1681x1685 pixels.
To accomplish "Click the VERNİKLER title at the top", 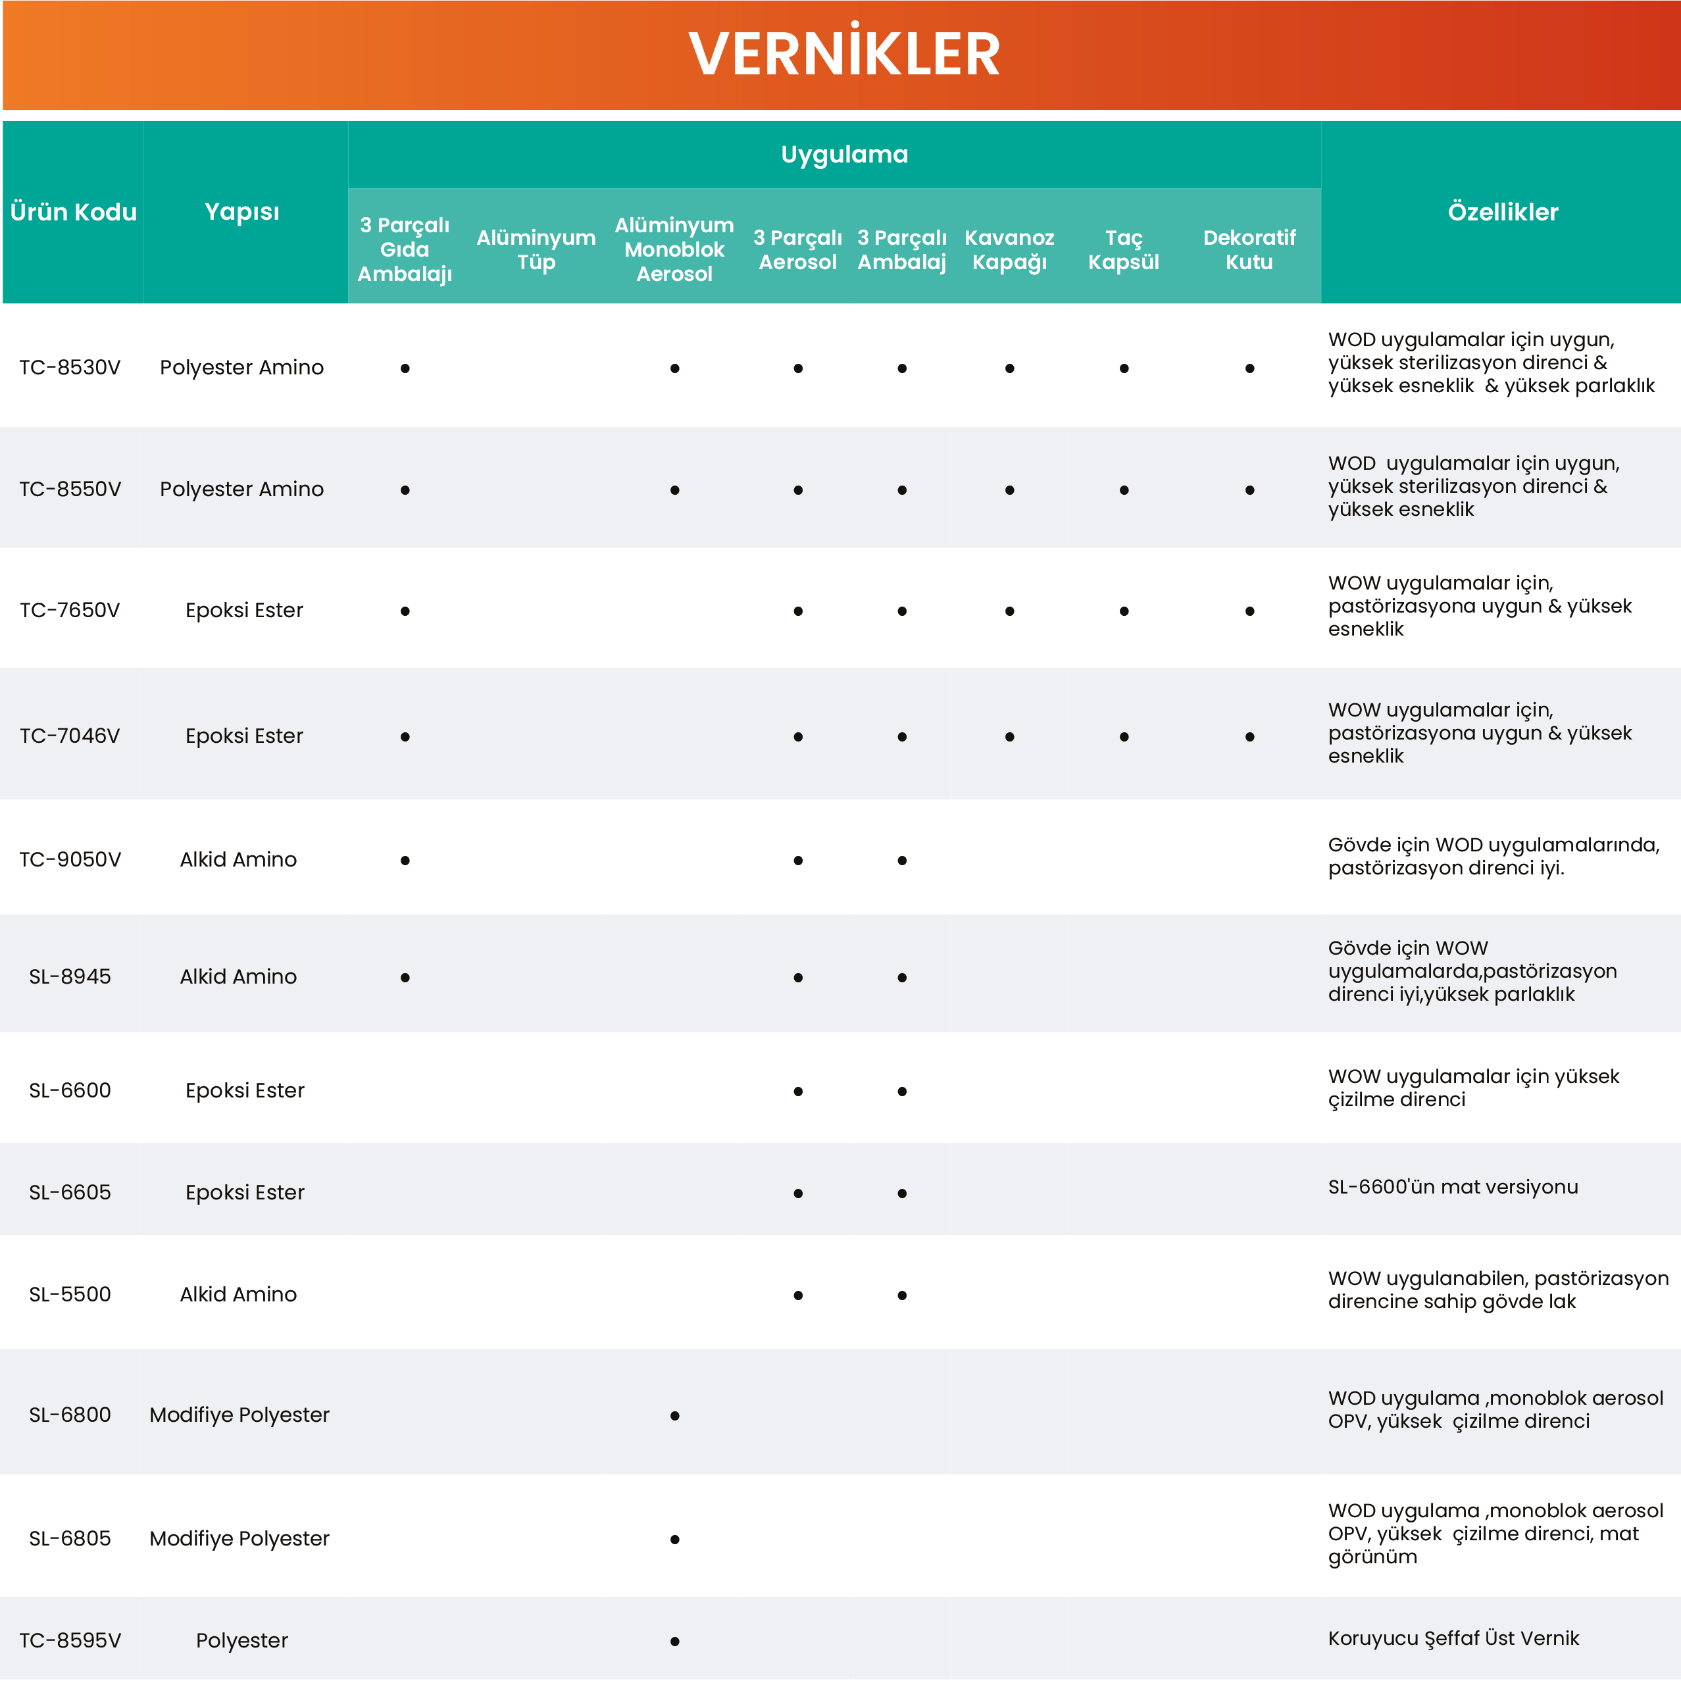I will [x=843, y=54].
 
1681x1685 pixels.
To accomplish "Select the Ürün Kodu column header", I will [x=73, y=212].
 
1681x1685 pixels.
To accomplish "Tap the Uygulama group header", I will [x=843, y=155].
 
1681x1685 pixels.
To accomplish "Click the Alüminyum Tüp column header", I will [x=536, y=249].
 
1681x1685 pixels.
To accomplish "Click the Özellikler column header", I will [x=1502, y=212].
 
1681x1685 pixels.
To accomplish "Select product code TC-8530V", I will [x=70, y=367].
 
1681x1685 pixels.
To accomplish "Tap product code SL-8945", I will [x=70, y=976].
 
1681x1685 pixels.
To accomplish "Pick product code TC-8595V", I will [x=70, y=1640].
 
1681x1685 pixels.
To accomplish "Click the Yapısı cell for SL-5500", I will [x=238, y=1294].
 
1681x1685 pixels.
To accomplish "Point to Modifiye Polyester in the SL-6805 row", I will [x=239, y=1538].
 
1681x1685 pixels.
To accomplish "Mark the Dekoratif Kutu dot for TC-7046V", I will [x=1249, y=737].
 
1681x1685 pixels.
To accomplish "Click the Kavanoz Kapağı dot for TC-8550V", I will [x=1009, y=490].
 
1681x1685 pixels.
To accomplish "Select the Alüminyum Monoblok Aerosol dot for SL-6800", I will [x=674, y=1415].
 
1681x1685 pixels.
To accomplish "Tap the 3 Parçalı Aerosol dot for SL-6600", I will [x=797, y=1091].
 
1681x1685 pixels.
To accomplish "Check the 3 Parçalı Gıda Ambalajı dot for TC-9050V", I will [x=405, y=860].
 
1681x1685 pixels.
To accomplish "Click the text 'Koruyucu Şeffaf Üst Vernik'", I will [x=1453, y=1638].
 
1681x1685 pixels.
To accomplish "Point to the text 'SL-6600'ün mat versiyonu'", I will [x=1453, y=1186].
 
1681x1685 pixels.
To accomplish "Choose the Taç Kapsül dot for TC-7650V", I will [x=1124, y=611].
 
